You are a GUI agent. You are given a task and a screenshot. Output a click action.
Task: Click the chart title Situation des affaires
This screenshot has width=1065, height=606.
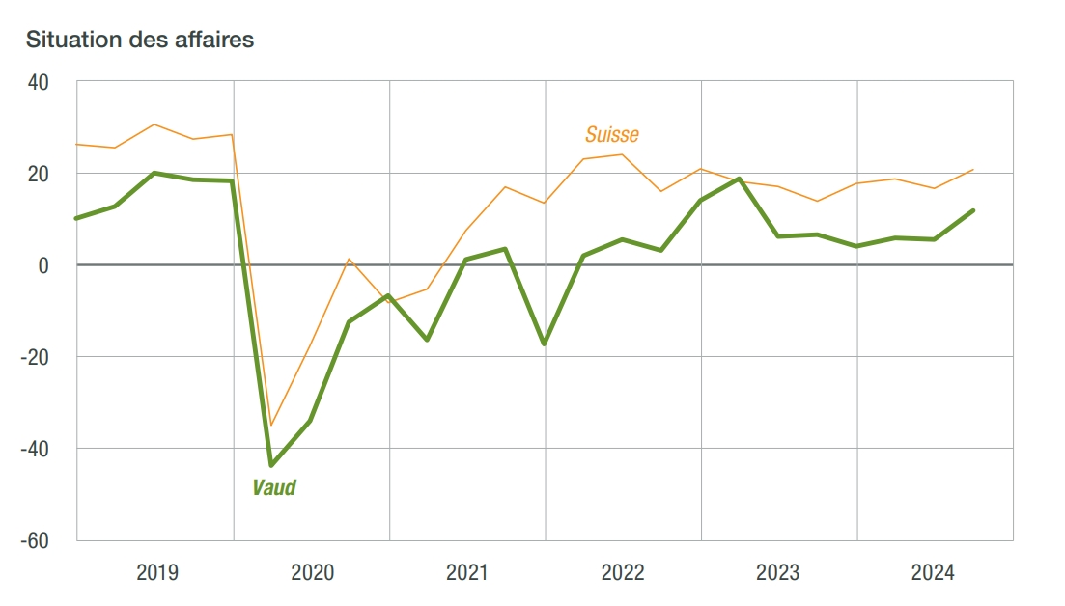pos(140,41)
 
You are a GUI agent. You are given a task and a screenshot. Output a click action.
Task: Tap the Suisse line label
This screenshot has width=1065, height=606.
pos(612,134)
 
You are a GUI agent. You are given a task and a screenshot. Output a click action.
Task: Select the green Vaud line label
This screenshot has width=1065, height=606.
pos(274,487)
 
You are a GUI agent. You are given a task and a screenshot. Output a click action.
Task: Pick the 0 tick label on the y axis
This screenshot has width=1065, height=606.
pos(43,265)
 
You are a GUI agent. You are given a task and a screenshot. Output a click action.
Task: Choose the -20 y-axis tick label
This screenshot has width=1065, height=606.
pos(36,357)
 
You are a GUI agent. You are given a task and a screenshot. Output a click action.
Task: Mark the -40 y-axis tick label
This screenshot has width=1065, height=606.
pos(36,449)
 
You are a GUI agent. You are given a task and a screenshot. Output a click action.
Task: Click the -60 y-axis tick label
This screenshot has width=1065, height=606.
pos(36,540)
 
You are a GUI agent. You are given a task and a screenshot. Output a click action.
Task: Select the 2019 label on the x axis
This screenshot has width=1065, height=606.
pos(156,573)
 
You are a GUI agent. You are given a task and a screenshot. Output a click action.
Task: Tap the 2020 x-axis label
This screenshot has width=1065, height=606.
pos(312,573)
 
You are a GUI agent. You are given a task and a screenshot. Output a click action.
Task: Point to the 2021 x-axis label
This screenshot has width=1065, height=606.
pos(467,573)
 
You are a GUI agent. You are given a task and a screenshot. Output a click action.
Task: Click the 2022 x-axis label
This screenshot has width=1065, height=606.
pos(623,573)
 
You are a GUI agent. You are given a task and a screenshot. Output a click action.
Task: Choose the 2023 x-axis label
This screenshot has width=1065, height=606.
pos(778,573)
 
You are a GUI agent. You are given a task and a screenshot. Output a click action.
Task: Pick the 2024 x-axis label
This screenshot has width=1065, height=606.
pos(934,573)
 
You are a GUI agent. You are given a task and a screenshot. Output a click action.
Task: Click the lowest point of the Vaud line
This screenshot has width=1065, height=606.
pos(271,465)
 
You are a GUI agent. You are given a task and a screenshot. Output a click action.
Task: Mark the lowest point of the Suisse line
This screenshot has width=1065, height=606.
pos(271,425)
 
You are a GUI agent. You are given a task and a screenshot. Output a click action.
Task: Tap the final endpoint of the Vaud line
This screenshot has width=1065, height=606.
pos(973,210)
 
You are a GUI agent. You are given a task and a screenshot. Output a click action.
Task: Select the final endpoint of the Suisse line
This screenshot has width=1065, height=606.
pos(973,170)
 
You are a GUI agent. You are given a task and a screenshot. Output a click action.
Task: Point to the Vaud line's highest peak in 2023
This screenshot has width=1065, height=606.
pos(740,179)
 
